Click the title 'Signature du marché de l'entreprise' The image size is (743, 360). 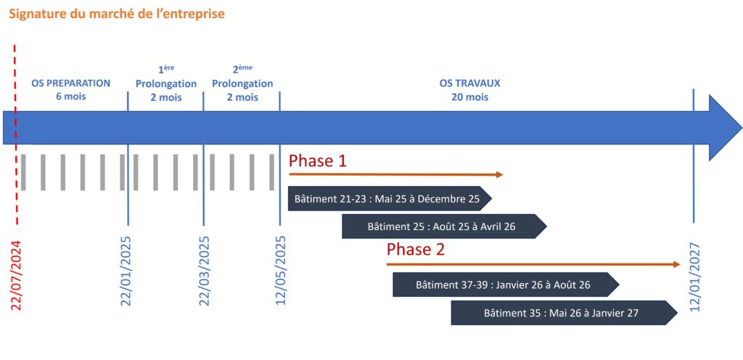(117, 14)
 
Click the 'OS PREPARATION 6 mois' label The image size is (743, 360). (71, 89)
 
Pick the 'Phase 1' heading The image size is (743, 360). (318, 160)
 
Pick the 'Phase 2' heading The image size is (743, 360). (416, 250)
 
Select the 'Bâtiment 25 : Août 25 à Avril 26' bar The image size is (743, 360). (443, 226)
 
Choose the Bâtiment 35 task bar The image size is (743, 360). (563, 314)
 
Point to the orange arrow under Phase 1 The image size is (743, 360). (395, 175)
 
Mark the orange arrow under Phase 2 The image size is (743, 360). (533, 265)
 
